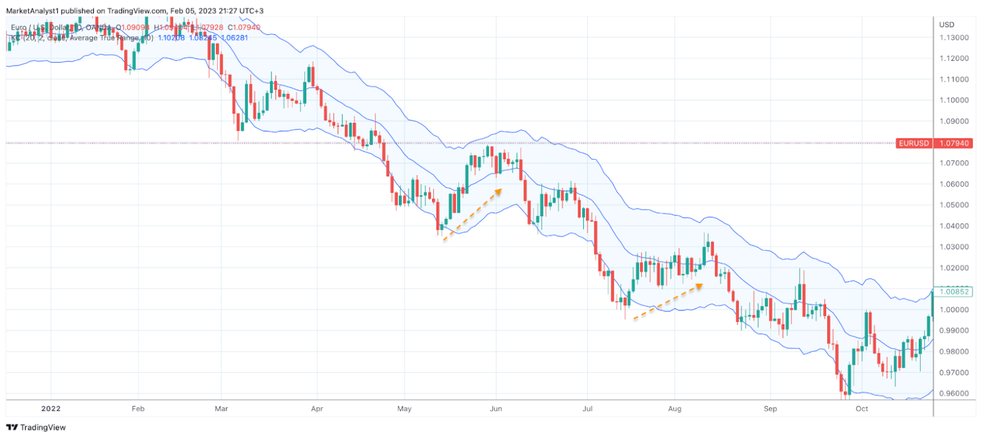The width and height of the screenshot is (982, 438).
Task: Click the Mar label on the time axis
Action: tap(221, 409)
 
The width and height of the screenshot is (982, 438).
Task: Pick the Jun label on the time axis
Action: tap(496, 409)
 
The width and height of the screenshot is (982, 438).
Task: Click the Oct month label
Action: tap(862, 409)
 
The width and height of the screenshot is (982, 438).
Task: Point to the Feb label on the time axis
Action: tap(138, 409)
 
